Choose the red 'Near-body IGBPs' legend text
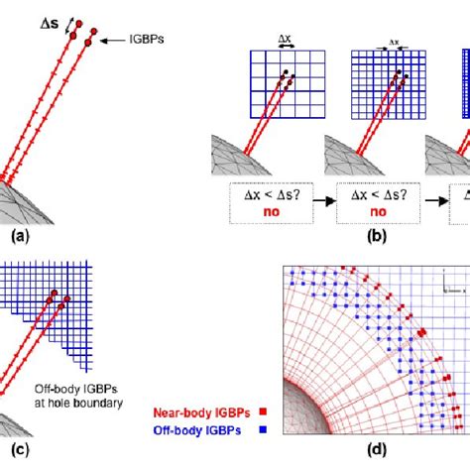coord(197,411)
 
